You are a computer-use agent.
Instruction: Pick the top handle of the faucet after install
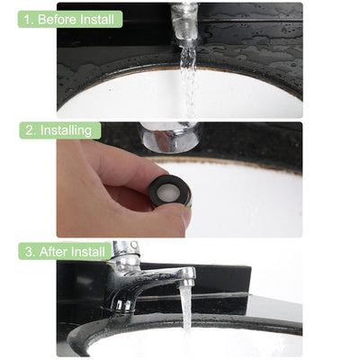pos(126,251)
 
